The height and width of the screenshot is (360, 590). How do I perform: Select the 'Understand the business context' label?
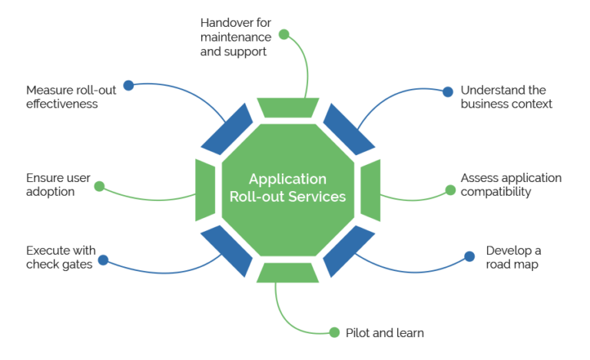click(x=506, y=96)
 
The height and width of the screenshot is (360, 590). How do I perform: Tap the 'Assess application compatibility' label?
click(x=511, y=185)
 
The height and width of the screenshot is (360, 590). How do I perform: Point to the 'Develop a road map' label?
click(x=512, y=258)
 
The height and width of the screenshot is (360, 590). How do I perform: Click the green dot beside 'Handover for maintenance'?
click(x=284, y=35)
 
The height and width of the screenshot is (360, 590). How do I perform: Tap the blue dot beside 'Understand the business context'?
click(x=448, y=91)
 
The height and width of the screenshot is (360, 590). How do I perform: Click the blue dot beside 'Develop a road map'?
click(x=470, y=257)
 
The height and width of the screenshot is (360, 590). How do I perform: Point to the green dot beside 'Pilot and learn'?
click(x=334, y=332)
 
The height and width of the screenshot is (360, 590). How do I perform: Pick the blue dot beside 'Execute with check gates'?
click(x=103, y=260)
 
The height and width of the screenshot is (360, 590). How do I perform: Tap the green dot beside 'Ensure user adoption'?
click(x=98, y=187)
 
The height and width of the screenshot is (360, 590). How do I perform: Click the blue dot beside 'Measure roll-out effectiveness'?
click(x=128, y=85)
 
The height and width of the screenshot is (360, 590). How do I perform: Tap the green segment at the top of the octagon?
click(x=287, y=107)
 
